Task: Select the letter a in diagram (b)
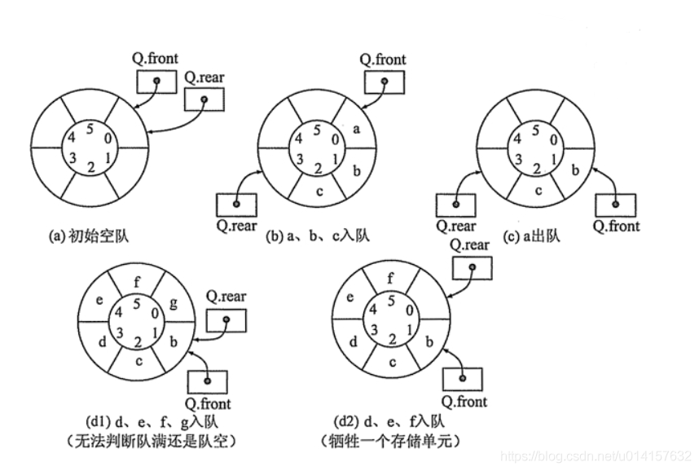point(356,130)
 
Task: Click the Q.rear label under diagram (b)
point(236,226)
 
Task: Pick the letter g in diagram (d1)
point(174,303)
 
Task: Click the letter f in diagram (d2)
point(390,279)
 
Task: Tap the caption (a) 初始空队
point(89,236)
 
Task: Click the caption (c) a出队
point(531,236)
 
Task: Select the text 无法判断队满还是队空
point(151,441)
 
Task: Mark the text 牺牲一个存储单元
point(390,441)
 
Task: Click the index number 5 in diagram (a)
point(90,130)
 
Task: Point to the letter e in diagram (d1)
point(99,300)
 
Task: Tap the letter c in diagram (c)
point(538,191)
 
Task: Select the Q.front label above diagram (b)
point(383,59)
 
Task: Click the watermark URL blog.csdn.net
point(596,456)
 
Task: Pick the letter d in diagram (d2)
point(353,342)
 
